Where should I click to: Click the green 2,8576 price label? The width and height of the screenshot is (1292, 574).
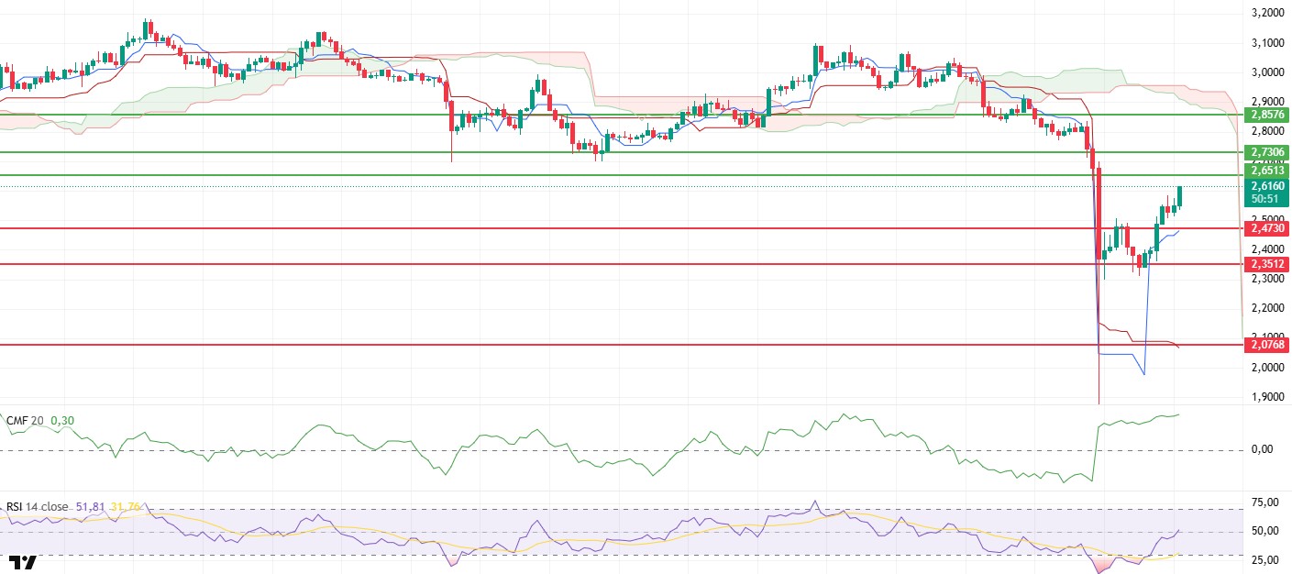[x=1266, y=115]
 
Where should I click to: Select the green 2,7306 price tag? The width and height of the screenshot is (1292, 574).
[x=1266, y=151]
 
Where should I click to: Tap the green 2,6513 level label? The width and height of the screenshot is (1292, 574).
[x=1266, y=170]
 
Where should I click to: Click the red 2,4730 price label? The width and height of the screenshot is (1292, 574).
[x=1266, y=227]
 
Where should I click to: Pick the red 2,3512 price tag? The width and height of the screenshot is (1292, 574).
[x=1266, y=264]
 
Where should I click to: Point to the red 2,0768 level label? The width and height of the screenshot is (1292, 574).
[x=1266, y=345]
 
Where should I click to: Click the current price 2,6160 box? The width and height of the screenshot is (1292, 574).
[x=1266, y=186]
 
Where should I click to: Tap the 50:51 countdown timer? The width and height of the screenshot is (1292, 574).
[x=1266, y=199]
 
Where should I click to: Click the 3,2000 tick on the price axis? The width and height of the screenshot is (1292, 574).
[x=1265, y=13]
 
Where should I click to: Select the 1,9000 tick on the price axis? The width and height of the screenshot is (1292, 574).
[x=1265, y=398]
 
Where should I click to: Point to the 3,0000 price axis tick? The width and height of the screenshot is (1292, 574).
[x=1265, y=72]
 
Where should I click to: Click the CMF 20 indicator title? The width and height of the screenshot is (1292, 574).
[x=26, y=421]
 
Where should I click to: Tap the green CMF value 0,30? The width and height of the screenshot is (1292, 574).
[x=62, y=421]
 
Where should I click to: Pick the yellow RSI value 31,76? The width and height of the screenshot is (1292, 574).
[x=123, y=505]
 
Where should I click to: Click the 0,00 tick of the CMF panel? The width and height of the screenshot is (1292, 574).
[x=1265, y=449]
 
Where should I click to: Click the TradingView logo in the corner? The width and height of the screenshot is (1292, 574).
[x=23, y=561]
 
